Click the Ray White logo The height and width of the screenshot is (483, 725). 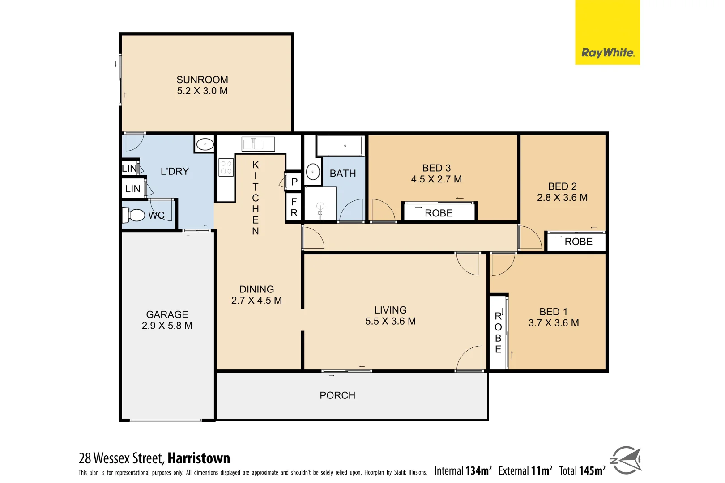tap(607, 53)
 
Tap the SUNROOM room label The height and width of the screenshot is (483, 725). tap(202, 80)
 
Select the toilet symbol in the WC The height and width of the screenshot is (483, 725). tap(134, 215)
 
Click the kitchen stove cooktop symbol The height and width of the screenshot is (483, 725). tap(226, 167)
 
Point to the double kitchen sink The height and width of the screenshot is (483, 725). tap(258, 144)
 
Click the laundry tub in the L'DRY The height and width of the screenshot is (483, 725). tap(205, 144)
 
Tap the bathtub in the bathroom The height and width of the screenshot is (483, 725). tap(340, 145)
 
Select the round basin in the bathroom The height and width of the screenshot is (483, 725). tap(313, 172)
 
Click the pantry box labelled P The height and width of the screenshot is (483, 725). tap(294, 182)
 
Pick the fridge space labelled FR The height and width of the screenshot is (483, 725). tap(294, 208)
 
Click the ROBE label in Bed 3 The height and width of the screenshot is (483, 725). tap(439, 213)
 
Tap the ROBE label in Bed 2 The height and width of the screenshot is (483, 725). tap(578, 242)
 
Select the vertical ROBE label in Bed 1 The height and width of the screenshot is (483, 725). tap(498, 332)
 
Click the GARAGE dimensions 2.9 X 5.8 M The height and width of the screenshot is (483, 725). tap(167, 326)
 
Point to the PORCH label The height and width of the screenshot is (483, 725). tap(337, 395)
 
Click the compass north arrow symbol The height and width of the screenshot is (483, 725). tap(626, 460)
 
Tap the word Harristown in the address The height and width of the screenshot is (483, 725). tap(199, 458)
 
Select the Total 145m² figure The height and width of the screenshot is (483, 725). tap(582, 470)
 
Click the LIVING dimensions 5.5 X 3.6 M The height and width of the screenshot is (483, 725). tap(390, 322)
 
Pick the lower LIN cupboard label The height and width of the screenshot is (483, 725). tap(132, 189)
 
